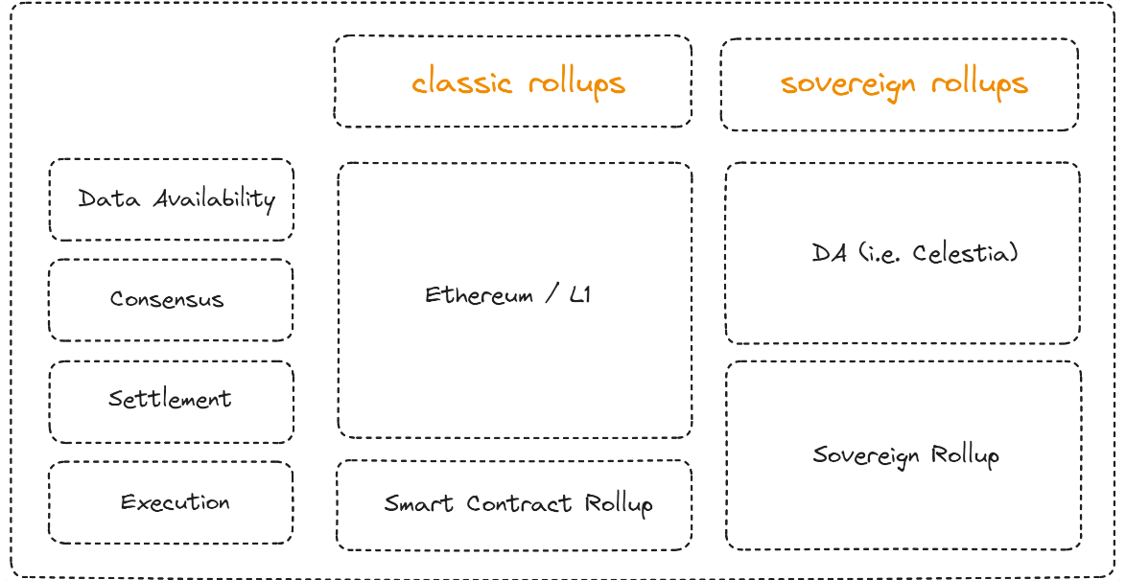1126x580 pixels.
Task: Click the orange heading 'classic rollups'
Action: click(x=518, y=83)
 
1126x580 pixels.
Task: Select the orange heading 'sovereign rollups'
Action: click(x=903, y=84)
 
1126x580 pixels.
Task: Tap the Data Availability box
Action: click(x=172, y=199)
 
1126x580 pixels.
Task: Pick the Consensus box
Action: click(x=171, y=300)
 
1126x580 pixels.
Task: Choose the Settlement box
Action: click(x=171, y=402)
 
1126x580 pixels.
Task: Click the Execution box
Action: click(x=171, y=502)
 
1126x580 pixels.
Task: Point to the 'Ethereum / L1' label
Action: click(x=507, y=294)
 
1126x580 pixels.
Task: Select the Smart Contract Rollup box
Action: click(x=514, y=504)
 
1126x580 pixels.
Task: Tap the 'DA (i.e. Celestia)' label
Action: click(x=914, y=253)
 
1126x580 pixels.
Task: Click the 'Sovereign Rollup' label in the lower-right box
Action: click(x=905, y=454)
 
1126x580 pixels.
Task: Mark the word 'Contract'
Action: click(x=519, y=503)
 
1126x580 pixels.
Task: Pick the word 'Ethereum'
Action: click(x=465, y=294)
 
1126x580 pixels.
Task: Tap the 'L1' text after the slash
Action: click(x=579, y=294)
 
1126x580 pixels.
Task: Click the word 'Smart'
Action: click(x=420, y=503)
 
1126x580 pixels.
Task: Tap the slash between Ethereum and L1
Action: click(x=551, y=294)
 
